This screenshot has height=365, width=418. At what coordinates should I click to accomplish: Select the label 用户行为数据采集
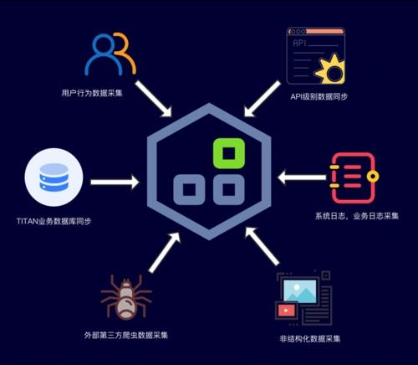tap(92, 93)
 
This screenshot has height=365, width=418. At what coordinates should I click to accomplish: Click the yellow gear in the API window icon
tap(331, 69)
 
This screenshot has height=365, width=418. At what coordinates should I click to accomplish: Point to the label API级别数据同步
tap(319, 97)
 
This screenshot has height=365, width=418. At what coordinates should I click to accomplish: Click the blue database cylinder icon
tap(54, 177)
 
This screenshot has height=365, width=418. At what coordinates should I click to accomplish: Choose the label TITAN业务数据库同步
tap(54, 221)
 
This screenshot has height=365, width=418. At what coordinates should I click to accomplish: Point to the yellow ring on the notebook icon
tap(373, 177)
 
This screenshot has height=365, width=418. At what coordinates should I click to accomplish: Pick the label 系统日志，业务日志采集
tap(357, 216)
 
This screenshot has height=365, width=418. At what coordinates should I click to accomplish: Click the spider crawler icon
tap(126, 298)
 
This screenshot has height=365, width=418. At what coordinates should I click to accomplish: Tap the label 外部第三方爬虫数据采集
tap(126, 335)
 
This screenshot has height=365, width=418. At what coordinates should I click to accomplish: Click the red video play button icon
tap(286, 310)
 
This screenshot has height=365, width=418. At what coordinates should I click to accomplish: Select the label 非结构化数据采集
tap(310, 339)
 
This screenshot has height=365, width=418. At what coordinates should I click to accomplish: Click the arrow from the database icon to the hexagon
tap(115, 182)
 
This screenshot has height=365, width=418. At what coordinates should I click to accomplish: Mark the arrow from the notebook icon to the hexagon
tap(302, 177)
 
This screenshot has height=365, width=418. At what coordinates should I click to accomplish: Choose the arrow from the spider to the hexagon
tap(165, 253)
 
